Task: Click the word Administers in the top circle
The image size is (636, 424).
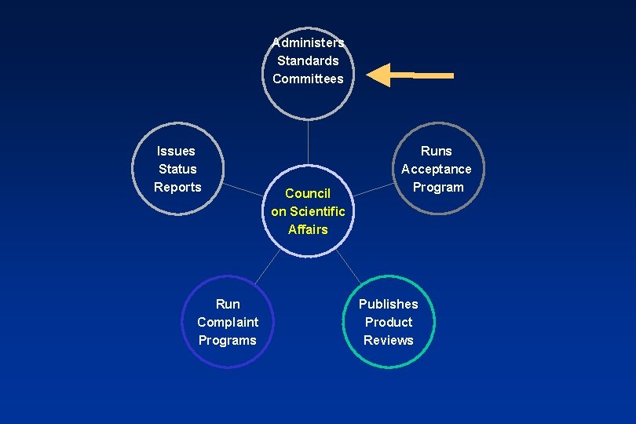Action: [308, 42]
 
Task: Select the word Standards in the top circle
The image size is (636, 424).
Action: [308, 60]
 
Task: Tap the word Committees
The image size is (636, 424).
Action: [308, 79]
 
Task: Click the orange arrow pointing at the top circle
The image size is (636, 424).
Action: [409, 75]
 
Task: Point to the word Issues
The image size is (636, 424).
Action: [176, 151]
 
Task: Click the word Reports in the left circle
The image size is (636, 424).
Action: [177, 187]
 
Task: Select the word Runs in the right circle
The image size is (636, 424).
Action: [437, 151]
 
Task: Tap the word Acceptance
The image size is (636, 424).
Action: [437, 169]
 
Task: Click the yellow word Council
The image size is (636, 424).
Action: [308, 193]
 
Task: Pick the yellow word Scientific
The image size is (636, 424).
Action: [317, 211]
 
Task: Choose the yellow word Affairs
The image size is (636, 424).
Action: [308, 229]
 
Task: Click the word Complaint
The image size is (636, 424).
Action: [228, 322]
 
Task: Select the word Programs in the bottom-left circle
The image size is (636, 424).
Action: [228, 340]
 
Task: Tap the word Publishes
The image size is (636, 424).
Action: [389, 304]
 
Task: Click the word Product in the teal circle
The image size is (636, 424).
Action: [389, 322]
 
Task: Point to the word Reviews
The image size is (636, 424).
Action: [389, 340]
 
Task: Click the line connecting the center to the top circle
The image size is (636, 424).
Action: [308, 149]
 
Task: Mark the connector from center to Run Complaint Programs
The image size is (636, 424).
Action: [267, 267]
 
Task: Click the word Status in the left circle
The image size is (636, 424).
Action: [177, 169]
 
